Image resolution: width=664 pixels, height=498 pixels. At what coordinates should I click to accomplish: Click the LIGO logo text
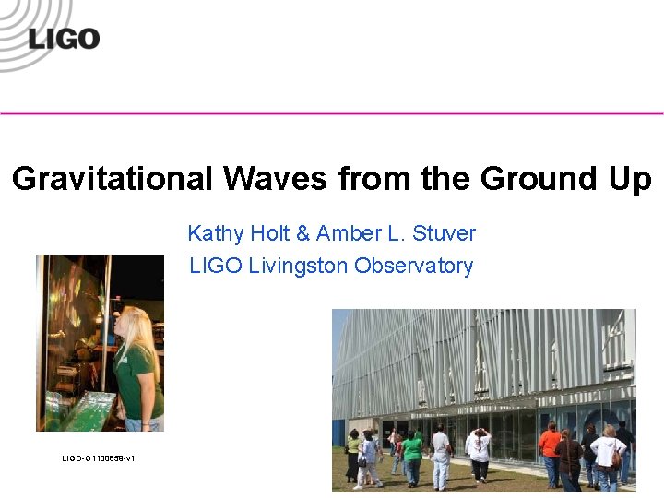[64, 38]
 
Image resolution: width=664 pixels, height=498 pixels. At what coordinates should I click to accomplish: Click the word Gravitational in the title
[112, 178]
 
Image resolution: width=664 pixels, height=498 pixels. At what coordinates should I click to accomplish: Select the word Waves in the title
[273, 178]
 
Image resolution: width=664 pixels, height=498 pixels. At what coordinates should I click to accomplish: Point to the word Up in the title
[629, 178]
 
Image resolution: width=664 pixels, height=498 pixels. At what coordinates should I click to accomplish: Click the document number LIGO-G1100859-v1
[98, 458]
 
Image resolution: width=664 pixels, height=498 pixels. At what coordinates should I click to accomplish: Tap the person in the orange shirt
[550, 445]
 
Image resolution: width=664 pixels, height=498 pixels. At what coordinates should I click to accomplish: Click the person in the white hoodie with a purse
[608, 456]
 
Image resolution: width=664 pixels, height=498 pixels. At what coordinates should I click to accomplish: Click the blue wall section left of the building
[338, 433]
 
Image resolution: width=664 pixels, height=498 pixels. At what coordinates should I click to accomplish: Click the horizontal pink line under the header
[332, 113]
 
